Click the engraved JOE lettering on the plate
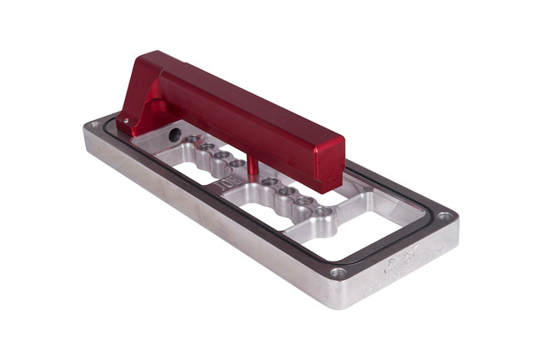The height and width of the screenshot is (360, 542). pos(225,177)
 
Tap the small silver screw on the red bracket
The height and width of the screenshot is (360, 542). pos(126,120)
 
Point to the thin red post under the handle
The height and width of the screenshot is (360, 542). pos(249,160)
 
